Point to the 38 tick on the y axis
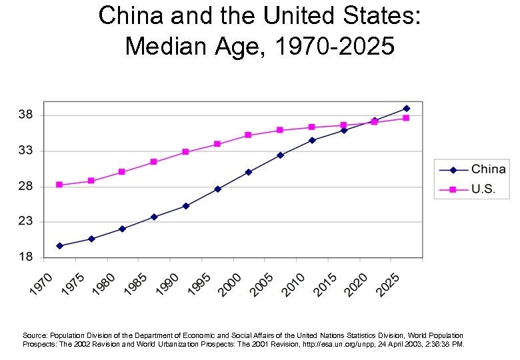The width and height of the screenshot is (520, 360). click(x=26, y=115)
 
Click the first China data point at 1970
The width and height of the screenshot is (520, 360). click(x=59, y=246)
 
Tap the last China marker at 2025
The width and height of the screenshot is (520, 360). click(x=406, y=108)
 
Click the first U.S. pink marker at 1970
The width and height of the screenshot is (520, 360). click(x=59, y=185)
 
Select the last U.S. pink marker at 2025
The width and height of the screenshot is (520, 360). click(x=406, y=118)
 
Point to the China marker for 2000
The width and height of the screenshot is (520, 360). click(x=248, y=172)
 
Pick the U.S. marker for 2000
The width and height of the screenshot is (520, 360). click(x=248, y=135)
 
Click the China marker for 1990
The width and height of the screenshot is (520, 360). click(x=185, y=206)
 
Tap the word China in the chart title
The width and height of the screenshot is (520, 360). click(x=130, y=16)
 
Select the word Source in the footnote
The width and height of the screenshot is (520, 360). click(x=35, y=335)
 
